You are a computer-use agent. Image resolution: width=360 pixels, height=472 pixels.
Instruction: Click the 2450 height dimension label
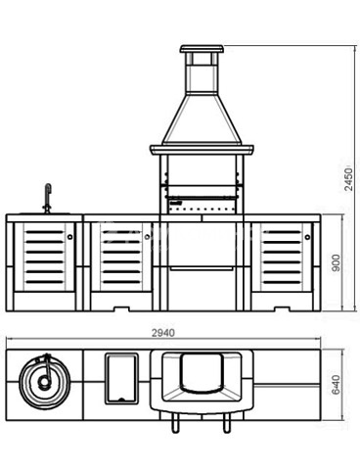click(x=348, y=179)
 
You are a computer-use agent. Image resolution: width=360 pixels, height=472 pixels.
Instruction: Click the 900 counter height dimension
click(x=336, y=262)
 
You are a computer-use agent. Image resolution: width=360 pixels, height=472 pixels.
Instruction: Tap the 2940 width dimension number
click(x=163, y=333)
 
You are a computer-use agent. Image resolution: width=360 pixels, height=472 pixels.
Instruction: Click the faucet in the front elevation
click(x=48, y=199)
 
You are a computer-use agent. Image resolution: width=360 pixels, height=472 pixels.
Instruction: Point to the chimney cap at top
click(x=202, y=49)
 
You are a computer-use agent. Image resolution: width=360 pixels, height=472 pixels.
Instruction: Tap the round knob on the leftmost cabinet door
click(x=69, y=237)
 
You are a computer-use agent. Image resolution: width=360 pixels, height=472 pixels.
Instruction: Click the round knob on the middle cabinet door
click(x=147, y=237)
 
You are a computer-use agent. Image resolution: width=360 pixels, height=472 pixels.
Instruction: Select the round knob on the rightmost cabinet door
click(x=307, y=237)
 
